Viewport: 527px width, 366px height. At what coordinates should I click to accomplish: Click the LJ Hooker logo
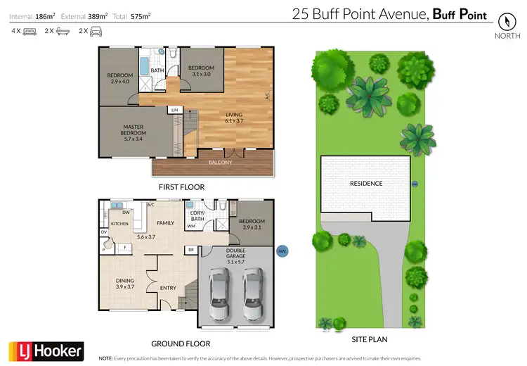46,350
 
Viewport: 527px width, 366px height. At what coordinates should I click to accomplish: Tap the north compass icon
503,22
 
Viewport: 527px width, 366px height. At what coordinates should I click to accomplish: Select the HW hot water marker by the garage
282,251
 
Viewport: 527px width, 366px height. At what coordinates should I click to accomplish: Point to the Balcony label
220,163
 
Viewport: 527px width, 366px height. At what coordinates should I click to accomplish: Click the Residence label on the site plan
366,184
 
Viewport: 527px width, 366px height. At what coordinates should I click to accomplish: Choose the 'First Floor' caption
181,187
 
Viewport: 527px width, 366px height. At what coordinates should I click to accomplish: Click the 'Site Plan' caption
369,339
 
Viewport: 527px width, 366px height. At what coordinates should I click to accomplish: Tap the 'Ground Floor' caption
181,344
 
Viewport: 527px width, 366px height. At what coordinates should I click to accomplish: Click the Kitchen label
119,223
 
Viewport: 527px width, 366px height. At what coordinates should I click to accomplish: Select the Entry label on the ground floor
168,287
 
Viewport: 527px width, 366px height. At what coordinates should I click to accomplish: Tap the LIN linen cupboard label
175,111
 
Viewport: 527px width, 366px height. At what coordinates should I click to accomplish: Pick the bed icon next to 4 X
30,32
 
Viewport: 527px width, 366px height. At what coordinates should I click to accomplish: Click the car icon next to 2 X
95,32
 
